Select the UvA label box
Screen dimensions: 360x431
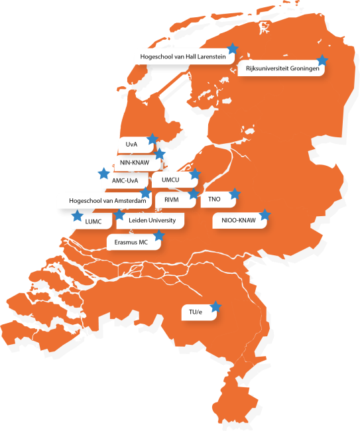131,145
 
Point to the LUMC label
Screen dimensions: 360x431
93,221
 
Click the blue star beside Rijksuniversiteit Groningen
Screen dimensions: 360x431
322,60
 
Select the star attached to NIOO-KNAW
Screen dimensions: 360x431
265,215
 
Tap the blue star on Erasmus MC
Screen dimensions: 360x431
158,236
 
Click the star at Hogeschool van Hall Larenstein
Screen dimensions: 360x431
232,48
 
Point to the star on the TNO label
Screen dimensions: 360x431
233,194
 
